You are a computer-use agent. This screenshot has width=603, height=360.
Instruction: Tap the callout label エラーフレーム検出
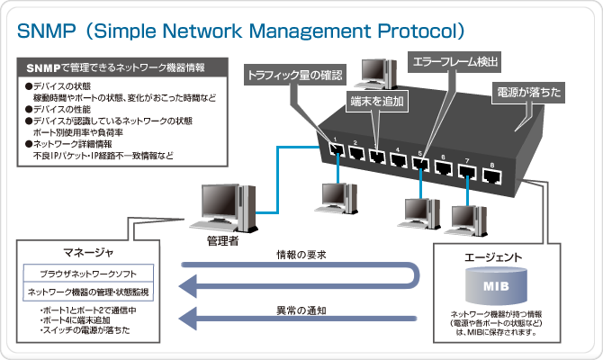coord(454,62)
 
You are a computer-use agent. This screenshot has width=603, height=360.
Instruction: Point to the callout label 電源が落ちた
coord(528,92)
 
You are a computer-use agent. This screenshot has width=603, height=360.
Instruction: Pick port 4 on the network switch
coord(398,159)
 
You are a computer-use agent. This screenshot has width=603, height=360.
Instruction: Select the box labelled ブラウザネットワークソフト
coord(87,273)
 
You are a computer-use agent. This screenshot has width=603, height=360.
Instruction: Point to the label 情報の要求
coord(300,255)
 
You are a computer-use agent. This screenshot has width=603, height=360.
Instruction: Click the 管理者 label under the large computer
coord(221,240)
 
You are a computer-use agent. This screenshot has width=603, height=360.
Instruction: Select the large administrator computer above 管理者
coord(221,205)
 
